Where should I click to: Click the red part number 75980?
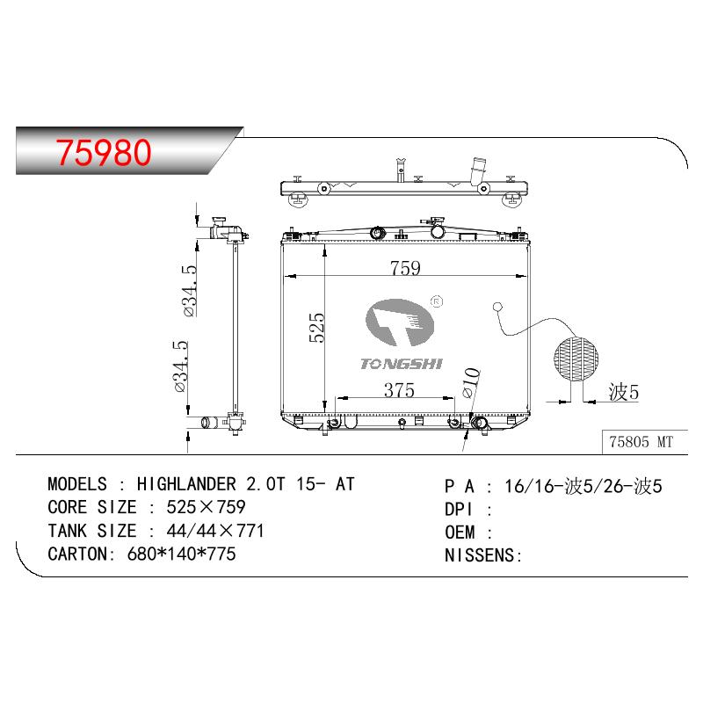(x=104, y=152)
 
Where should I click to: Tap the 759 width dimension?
(x=405, y=268)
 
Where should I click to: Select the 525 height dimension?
(x=316, y=328)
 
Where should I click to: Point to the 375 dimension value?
(x=399, y=390)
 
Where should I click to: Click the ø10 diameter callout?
(x=470, y=382)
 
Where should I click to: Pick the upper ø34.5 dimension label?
(x=190, y=291)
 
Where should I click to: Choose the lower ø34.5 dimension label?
(x=180, y=366)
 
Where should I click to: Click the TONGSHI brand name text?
(x=402, y=364)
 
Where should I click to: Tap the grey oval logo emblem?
(x=400, y=323)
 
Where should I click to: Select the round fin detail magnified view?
(x=576, y=359)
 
